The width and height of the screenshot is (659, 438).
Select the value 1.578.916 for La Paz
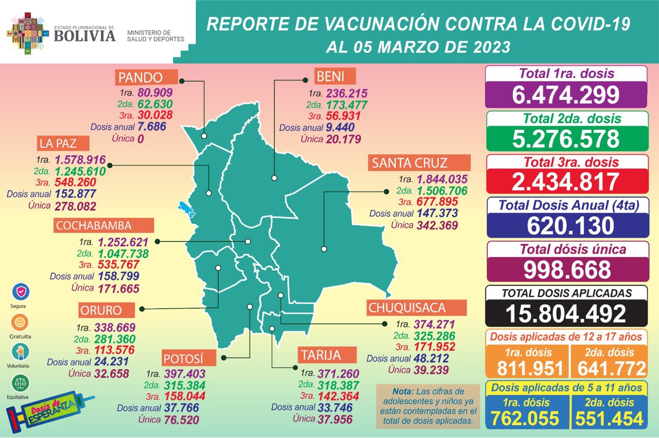click(x=80, y=160)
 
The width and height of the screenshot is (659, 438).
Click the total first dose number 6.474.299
click(x=566, y=95)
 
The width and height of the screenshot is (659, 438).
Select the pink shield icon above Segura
click(x=21, y=292)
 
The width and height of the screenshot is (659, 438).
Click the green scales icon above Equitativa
click(x=21, y=383)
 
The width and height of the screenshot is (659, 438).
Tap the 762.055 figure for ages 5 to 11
click(x=525, y=418)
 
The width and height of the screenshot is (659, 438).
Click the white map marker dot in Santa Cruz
click(x=324, y=249)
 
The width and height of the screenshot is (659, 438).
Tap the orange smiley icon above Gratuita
click(x=21, y=323)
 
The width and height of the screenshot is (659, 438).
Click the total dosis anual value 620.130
click(x=566, y=226)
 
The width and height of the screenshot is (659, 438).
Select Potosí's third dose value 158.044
click(x=184, y=397)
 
